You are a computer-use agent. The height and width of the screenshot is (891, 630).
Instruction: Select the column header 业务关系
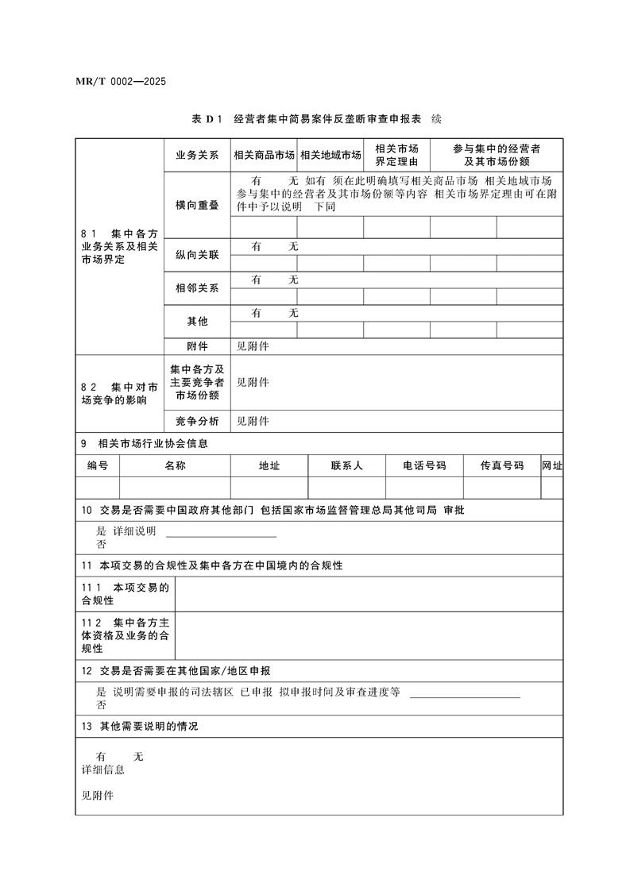pos(197,155)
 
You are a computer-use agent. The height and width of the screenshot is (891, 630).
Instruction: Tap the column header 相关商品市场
pos(264,155)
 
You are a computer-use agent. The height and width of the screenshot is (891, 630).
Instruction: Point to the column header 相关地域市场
pos(330,155)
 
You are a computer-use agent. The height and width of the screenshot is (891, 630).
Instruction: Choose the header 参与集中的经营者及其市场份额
pos(497,154)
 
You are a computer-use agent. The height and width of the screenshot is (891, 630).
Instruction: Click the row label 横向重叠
pos(197,205)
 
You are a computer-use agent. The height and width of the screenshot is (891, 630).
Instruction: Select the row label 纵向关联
pos(197,255)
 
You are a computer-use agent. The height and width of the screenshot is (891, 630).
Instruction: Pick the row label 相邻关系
pos(197,288)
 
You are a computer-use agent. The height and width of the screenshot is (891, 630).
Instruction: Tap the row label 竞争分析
pos(197,421)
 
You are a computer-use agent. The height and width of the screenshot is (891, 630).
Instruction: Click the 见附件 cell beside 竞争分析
pos(253,421)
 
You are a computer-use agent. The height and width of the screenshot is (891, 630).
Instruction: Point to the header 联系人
pos(346,466)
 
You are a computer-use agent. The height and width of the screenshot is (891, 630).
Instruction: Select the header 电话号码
pos(424,466)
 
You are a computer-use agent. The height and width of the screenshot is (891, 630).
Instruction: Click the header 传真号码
pos(501,466)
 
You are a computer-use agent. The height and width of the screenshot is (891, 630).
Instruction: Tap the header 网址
pos(551,466)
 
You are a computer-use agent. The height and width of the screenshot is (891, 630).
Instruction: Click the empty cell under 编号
pos(98,487)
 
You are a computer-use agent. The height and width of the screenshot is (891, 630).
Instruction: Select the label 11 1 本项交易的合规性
pos(126,594)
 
